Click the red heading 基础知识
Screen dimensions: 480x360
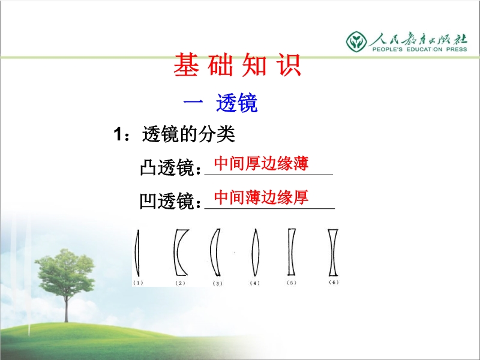[237, 65]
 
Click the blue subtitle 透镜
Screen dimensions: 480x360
[236, 103]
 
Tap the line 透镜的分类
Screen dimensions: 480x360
[188, 134]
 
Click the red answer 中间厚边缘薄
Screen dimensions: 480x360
[261, 163]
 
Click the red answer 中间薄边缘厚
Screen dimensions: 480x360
[261, 197]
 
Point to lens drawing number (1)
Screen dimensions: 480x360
[137, 253]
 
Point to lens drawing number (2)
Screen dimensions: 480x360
[176, 253]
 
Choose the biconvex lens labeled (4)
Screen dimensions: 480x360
[256, 253]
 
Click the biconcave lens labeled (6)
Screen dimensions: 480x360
[333, 253]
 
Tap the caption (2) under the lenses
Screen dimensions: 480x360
[181, 283]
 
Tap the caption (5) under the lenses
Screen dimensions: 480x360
[292, 283]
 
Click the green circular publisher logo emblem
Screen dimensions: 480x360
[356, 41]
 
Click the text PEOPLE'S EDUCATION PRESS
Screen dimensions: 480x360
[419, 49]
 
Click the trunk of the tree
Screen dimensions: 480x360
[66, 308]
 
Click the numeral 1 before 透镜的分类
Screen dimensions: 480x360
[118, 134]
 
